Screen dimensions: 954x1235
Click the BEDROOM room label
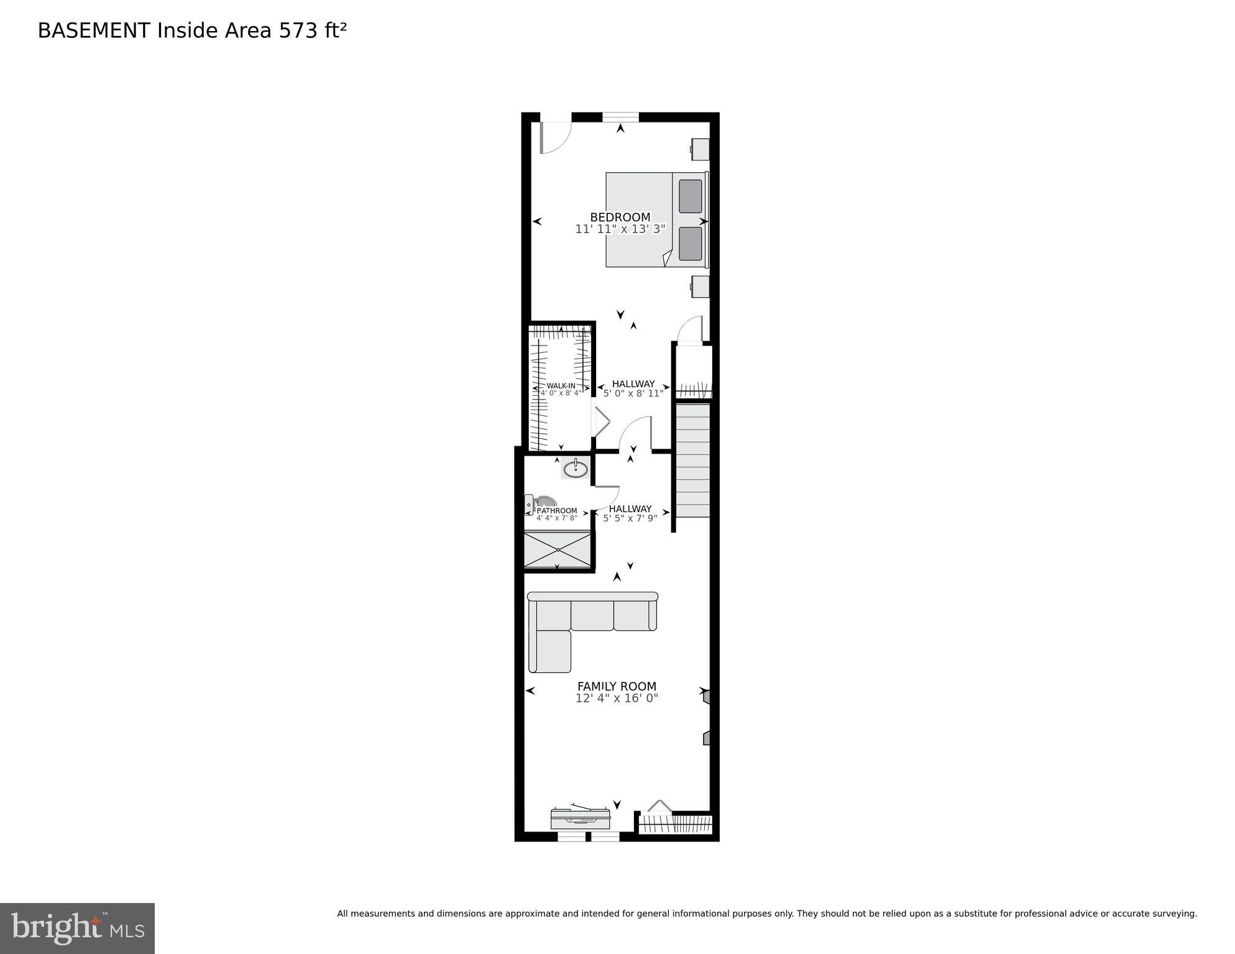pos(620,217)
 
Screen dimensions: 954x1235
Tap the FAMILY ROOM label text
pos(617,686)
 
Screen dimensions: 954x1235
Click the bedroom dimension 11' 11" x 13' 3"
pos(620,229)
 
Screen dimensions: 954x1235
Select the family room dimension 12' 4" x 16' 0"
pos(617,698)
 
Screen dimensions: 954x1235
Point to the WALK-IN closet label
pos(561,385)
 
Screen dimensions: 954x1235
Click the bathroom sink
pos(576,467)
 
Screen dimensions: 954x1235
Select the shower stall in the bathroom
pos(558,549)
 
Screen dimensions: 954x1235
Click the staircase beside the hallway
pos(692,460)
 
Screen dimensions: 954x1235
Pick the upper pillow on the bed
pos(690,196)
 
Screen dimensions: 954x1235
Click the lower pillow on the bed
pos(690,244)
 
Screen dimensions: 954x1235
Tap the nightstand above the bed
pos(700,149)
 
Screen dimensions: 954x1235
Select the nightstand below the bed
pos(700,287)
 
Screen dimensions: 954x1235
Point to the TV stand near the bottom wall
pos(580,818)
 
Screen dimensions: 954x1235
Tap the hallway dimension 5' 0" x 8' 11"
pos(633,393)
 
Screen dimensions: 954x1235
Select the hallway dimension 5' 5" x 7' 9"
pos(630,518)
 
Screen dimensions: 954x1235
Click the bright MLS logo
pos(77,928)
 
